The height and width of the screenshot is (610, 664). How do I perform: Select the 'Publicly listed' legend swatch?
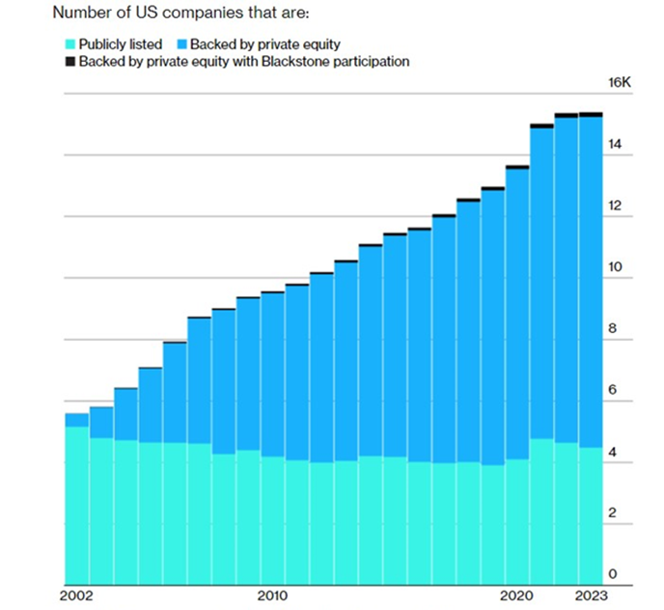(69, 43)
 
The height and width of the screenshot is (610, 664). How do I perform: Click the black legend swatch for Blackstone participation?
(69, 62)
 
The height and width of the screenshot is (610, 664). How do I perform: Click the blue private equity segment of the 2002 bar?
(76, 420)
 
